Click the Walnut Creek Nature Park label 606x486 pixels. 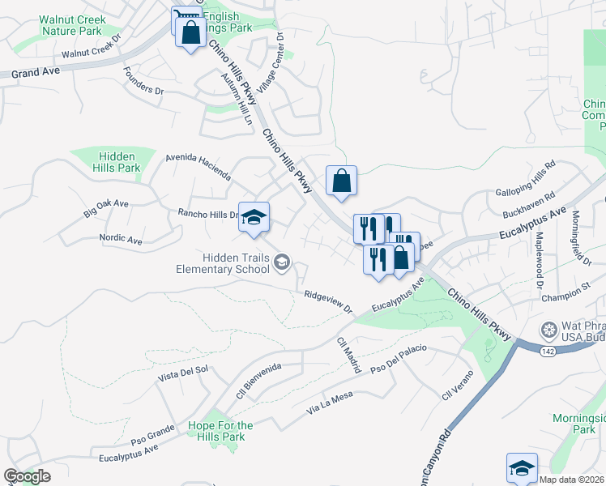[71, 25]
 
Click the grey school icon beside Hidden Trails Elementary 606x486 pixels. [282, 261]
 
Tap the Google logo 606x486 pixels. [27, 476]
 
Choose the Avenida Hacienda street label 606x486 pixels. [198, 167]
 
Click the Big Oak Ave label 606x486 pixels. [106, 208]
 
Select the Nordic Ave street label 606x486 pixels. [121, 241]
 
